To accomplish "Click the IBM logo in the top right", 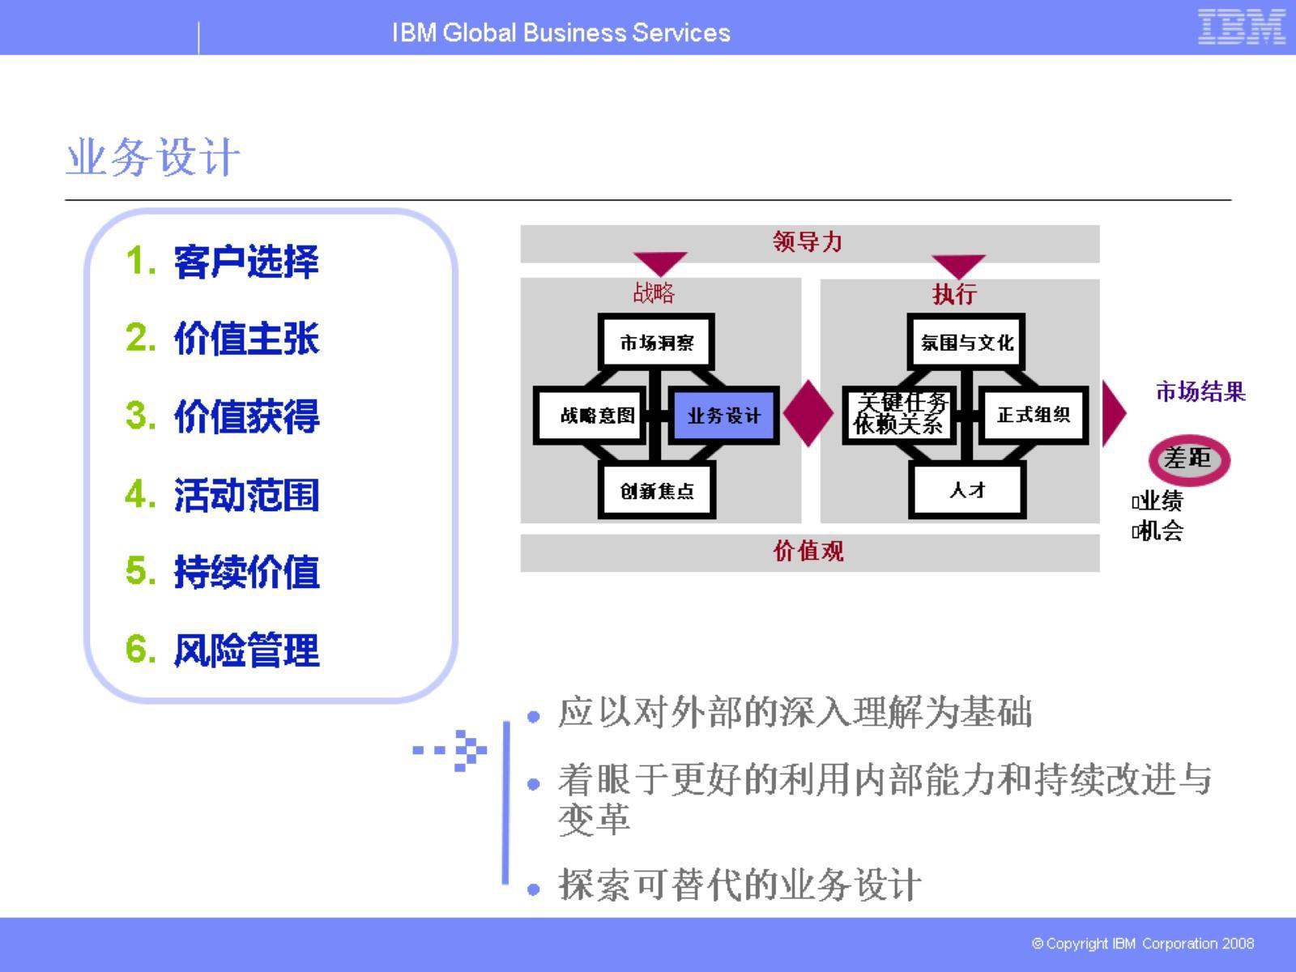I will pyautogui.click(x=1241, y=27).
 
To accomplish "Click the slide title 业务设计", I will pyautogui.click(x=153, y=157).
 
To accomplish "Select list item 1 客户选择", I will pyautogui.click(x=223, y=262).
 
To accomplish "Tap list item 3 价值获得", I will pyautogui.click(x=223, y=417).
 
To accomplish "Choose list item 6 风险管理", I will pyautogui.click(x=223, y=650).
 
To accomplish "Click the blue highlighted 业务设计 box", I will pyautogui.click(x=723, y=416).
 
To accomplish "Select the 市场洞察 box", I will pyautogui.click(x=657, y=343).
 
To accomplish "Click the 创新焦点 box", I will pyautogui.click(x=657, y=491).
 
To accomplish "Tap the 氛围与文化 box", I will pyautogui.click(x=967, y=343).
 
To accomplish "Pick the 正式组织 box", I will pyautogui.click(x=1034, y=416).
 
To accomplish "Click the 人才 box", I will pyautogui.click(x=967, y=490).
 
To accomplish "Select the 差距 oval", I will pyautogui.click(x=1188, y=460).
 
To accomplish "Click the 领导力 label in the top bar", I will pyautogui.click(x=808, y=242).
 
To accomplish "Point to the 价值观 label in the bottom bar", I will pyautogui.click(x=808, y=552).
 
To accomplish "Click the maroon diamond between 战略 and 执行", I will pyautogui.click(x=808, y=414).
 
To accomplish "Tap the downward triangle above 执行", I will pyautogui.click(x=958, y=265).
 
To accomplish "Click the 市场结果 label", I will pyautogui.click(x=1200, y=392).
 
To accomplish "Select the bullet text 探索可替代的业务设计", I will pyautogui.click(x=739, y=885).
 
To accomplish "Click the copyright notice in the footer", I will pyautogui.click(x=1142, y=944).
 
